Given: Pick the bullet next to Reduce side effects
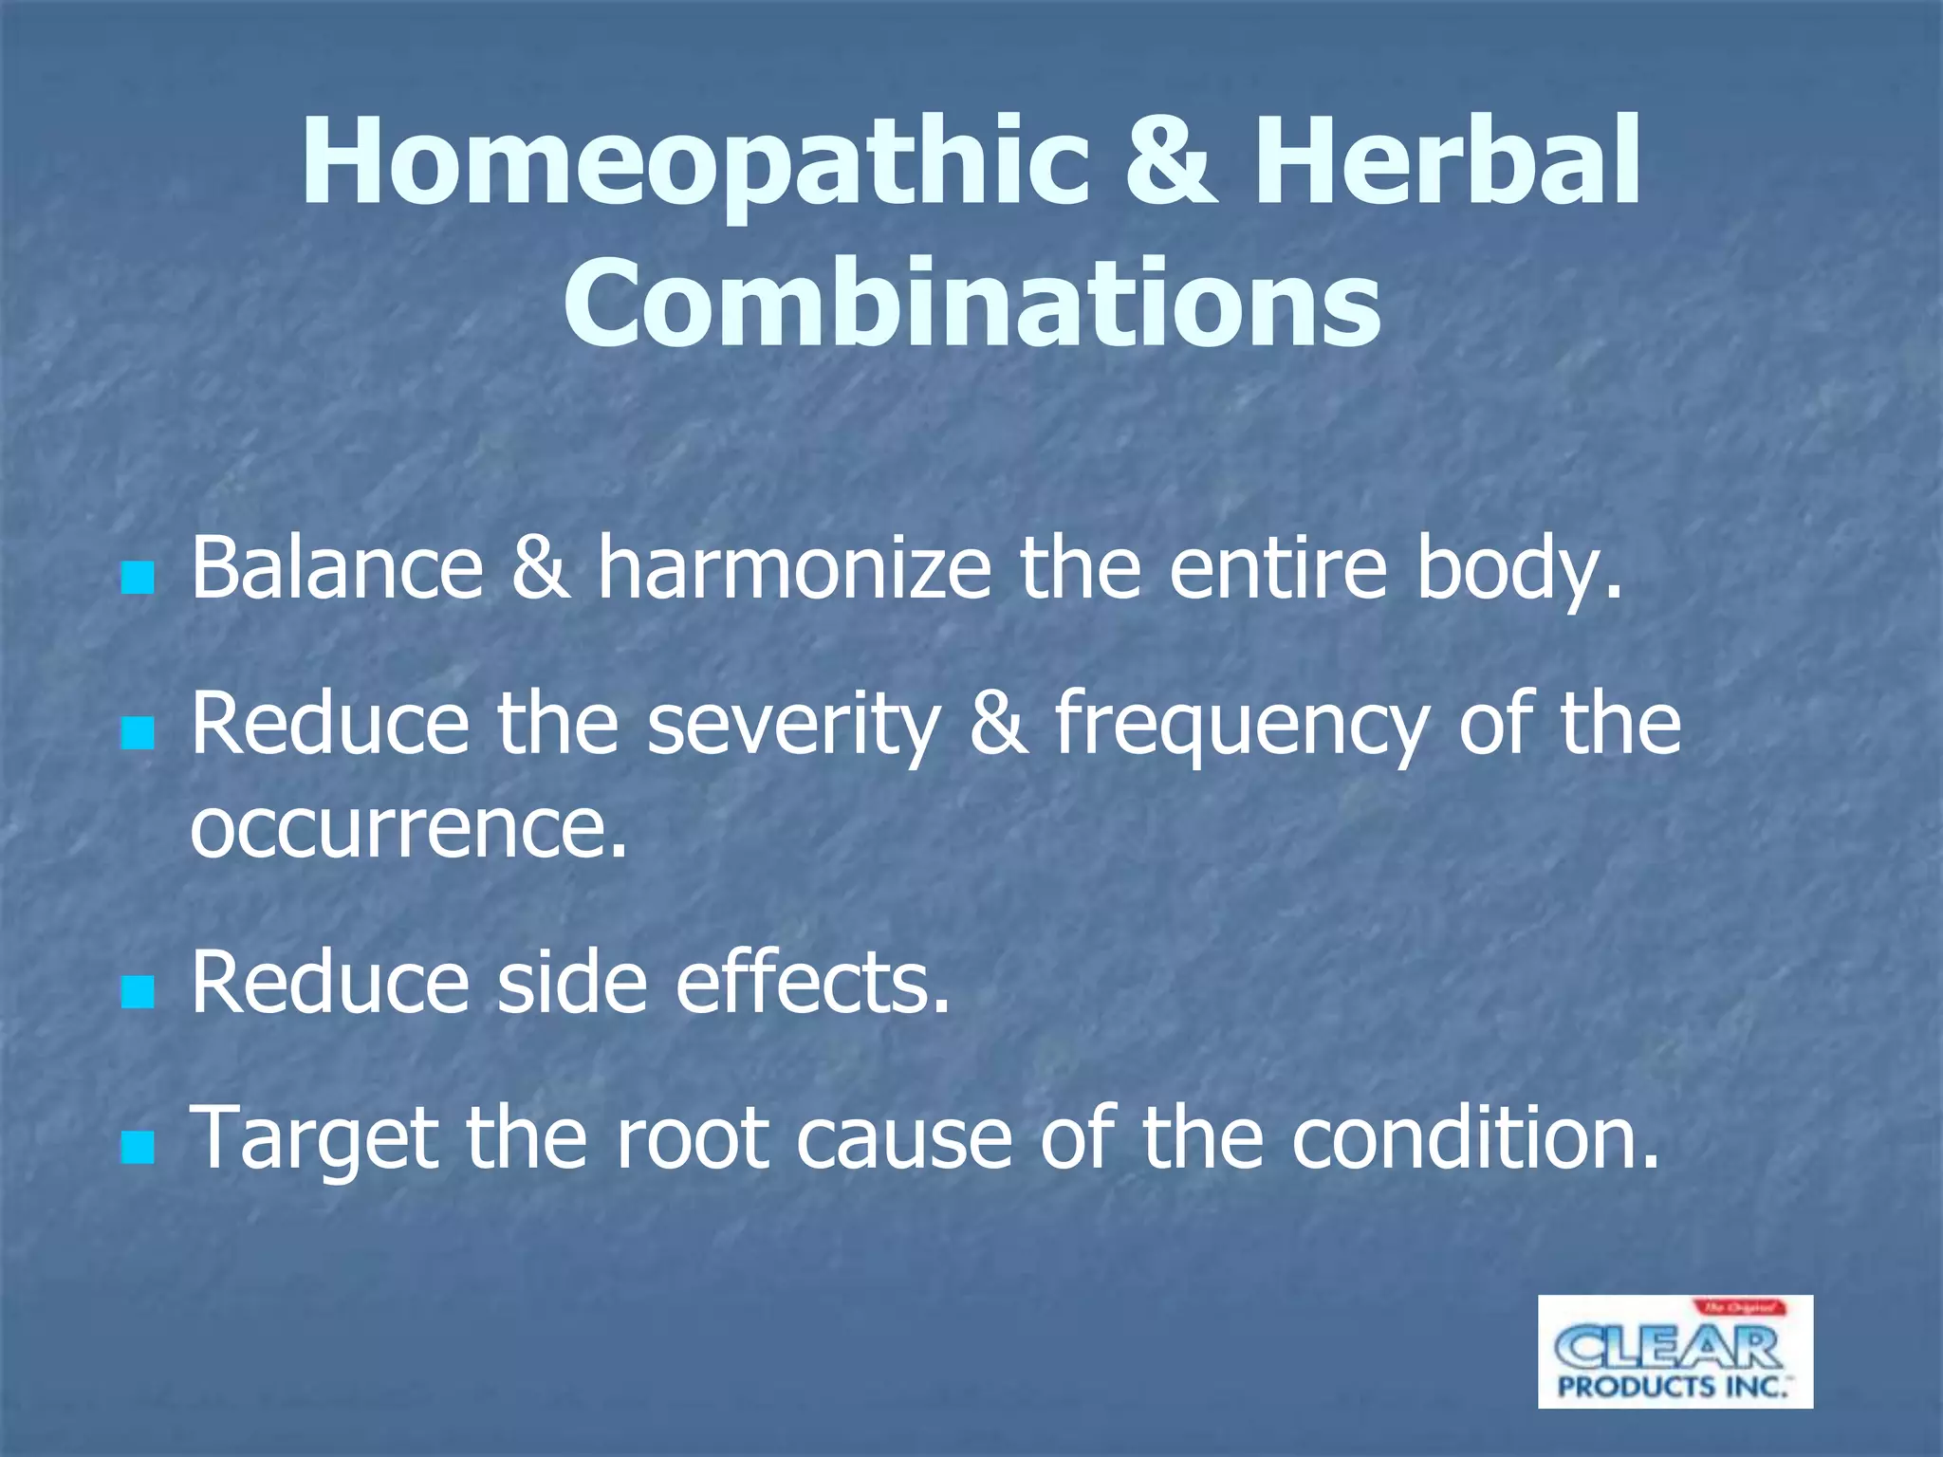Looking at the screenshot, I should click(x=138, y=992).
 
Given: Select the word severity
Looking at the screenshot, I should click(x=793, y=726).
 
